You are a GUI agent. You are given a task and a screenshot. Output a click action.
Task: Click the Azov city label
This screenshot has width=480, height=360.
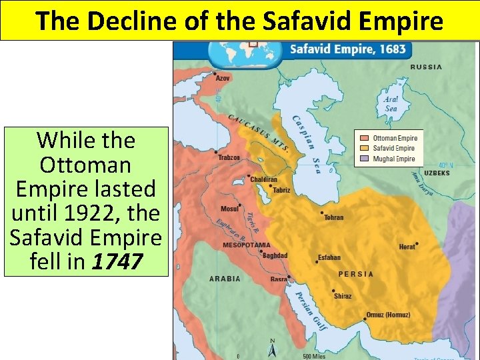(223, 78)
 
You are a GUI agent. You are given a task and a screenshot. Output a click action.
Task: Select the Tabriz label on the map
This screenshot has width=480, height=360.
(281, 190)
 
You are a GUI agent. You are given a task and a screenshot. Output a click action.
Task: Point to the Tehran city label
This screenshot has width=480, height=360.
(333, 217)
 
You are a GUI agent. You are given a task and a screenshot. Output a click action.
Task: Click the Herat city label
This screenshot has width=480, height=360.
(407, 247)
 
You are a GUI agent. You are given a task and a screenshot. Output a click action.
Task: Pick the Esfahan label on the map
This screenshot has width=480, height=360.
(329, 257)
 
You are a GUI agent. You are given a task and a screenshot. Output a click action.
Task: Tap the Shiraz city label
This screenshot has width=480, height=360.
(343, 296)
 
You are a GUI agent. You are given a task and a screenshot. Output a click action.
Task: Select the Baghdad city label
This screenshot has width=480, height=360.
(275, 255)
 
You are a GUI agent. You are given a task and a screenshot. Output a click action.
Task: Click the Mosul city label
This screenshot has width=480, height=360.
(229, 209)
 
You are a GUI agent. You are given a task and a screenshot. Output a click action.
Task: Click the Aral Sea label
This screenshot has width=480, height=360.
(391, 104)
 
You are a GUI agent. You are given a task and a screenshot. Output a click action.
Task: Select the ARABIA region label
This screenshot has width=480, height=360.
(225, 279)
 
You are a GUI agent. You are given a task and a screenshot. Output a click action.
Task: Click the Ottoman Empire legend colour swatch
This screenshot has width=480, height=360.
(363, 139)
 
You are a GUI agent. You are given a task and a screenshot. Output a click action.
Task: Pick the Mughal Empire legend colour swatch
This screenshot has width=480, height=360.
(363, 159)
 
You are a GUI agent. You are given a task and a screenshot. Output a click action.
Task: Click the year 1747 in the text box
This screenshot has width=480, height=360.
(118, 261)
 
